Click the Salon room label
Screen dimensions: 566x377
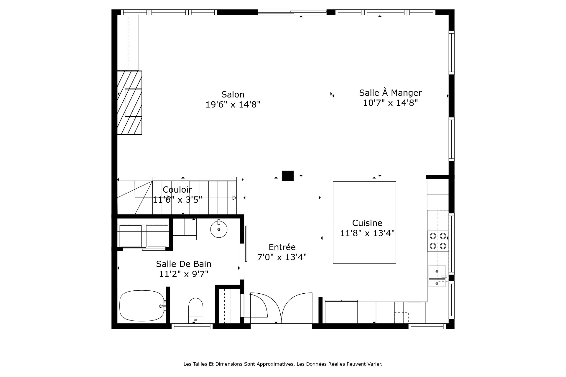tap(233, 95)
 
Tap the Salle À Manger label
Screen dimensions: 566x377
tap(390, 93)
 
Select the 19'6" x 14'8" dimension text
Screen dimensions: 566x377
tap(233, 105)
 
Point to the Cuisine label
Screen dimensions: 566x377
tap(367, 223)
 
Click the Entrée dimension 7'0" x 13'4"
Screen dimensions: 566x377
tap(282, 257)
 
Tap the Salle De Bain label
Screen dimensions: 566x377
tap(184, 264)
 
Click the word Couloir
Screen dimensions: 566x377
tap(177, 190)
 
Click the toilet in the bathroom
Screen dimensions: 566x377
tap(196, 310)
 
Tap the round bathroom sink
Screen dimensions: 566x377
tap(219, 229)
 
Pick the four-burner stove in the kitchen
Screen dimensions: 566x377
tap(438, 241)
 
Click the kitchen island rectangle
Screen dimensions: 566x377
tap(364, 222)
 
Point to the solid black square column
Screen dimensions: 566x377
tap(288, 176)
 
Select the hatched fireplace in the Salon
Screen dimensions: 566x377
tap(129, 103)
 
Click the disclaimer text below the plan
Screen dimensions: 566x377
tap(283, 364)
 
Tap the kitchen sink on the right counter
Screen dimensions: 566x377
tap(437, 272)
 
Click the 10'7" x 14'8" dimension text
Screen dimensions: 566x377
tap(390, 103)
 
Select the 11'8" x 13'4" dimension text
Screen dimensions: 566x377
tap(367, 233)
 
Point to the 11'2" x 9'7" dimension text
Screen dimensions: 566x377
tap(184, 274)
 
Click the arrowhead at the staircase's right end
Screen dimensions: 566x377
tap(234, 198)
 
